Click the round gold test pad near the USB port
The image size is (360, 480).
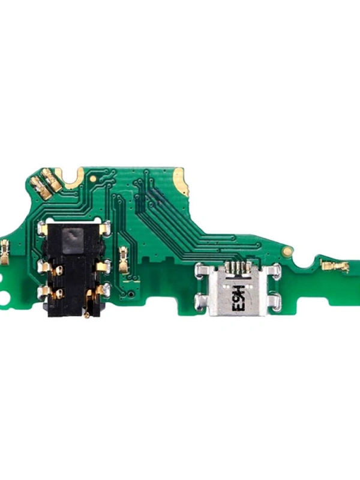coord(287,251)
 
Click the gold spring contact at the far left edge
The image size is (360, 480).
coord(5,252)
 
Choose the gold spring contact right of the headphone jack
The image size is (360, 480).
coord(124,259)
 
